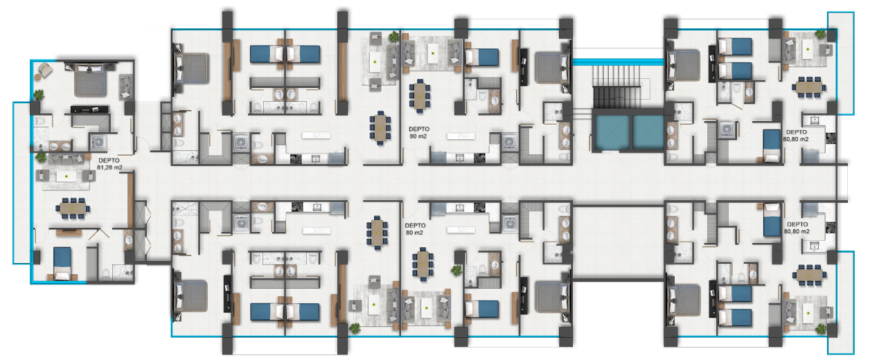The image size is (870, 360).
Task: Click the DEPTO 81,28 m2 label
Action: [x=109, y=164]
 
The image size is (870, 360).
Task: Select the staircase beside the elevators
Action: [x=616, y=87]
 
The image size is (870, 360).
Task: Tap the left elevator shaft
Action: [x=612, y=132]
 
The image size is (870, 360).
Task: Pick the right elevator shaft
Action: [x=648, y=132]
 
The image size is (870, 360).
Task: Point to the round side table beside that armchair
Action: [x=37, y=77]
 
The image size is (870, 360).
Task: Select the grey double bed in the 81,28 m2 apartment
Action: [x=90, y=80]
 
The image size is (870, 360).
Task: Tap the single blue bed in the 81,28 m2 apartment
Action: [x=62, y=263]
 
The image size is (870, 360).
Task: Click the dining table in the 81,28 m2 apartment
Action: [x=73, y=208]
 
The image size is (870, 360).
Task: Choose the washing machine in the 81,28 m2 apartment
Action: [x=98, y=143]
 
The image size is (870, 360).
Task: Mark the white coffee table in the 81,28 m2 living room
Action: [x=66, y=177]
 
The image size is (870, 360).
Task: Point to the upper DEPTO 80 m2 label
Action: [x=418, y=132]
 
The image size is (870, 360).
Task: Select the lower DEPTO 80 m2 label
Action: [x=415, y=228]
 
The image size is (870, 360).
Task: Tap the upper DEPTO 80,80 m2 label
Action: [x=796, y=136]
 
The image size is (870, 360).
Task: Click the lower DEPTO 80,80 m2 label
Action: [x=797, y=228]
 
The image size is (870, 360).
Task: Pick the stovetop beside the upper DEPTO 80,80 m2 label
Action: [x=831, y=138]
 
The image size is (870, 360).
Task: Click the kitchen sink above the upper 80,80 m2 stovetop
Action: [x=814, y=120]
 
